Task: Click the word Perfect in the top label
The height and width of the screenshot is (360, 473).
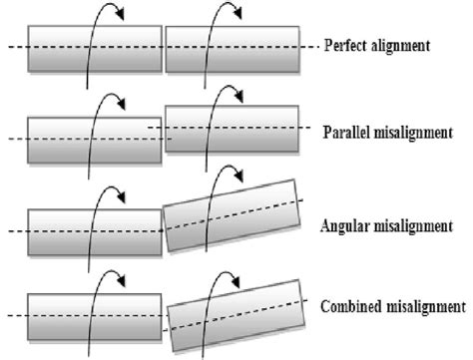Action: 345,47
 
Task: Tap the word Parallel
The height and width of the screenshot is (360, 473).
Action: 349,132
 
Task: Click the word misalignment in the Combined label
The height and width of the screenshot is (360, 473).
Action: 426,306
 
